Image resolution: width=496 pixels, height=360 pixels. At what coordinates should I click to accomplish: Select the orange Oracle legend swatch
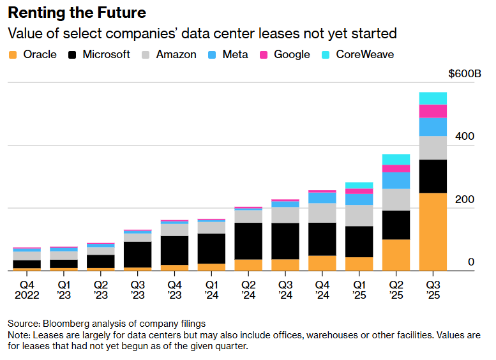point(13,54)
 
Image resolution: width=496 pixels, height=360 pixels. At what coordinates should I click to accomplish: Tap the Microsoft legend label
point(106,54)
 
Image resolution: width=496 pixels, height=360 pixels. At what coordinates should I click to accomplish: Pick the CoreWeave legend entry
point(364,54)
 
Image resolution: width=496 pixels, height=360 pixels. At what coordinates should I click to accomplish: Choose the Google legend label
point(292,54)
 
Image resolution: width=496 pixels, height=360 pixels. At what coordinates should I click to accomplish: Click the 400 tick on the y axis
point(464,137)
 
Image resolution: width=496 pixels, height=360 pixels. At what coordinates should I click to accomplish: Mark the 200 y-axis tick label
point(464,200)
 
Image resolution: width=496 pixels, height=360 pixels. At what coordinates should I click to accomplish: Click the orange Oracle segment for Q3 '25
point(433,231)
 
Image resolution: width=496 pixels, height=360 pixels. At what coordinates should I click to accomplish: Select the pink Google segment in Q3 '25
point(433,111)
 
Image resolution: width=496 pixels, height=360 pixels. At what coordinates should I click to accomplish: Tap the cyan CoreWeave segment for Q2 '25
point(396,159)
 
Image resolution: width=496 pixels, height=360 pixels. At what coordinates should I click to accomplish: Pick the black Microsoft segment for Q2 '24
point(248,241)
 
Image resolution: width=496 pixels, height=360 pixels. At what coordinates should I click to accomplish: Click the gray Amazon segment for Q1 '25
point(359,215)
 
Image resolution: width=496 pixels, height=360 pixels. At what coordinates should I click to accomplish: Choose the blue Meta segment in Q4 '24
point(322,197)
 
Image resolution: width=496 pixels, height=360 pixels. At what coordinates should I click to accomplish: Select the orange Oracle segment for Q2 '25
point(396,255)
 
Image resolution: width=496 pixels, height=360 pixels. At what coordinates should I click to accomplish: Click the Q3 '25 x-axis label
point(433,289)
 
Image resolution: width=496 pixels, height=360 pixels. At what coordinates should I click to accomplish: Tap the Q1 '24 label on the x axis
point(211,289)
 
